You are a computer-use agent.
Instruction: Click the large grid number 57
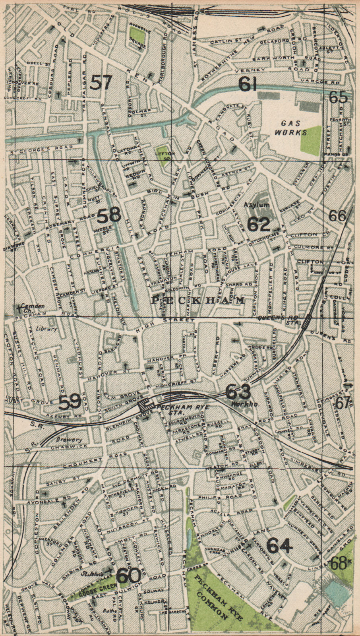click(101, 83)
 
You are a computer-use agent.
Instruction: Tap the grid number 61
click(248, 84)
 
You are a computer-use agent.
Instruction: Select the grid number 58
click(109, 215)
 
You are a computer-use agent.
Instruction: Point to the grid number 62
click(259, 224)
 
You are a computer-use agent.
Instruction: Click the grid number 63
click(238, 392)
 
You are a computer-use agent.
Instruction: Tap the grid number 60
click(128, 576)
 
